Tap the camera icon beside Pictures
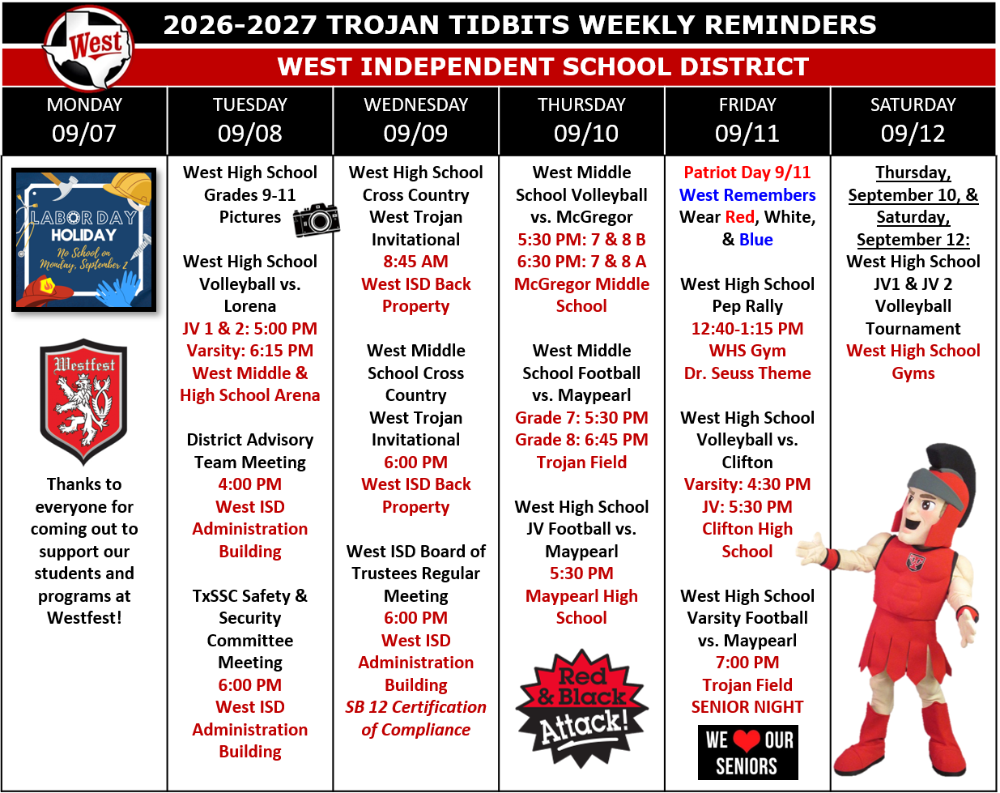317,220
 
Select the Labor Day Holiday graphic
83,240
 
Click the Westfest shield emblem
83,402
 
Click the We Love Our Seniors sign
747,752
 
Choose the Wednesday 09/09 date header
416,121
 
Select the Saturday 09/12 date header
913,121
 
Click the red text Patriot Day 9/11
747,173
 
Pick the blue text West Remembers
747,194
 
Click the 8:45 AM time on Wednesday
416,262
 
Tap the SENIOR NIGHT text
747,707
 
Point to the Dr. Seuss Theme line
747,373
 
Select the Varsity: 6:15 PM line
250,351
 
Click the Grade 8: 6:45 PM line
581,440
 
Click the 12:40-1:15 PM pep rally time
747,329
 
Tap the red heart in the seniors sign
747,740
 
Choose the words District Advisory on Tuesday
250,440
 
